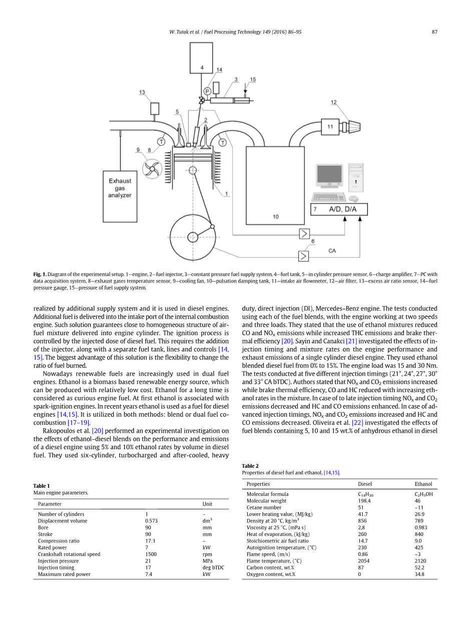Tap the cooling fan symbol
point(152,169)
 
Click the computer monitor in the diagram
point(329,176)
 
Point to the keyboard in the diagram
point(329,196)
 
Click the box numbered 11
point(330,127)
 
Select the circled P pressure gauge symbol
point(207,91)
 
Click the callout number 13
point(142,92)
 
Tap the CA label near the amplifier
point(332,250)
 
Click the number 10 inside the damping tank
point(276,216)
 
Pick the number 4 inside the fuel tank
point(202,68)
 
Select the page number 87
point(434,32)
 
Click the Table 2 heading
point(250,466)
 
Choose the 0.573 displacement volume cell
point(151,520)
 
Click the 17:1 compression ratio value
point(150,540)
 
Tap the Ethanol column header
point(423,484)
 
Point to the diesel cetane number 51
point(360,507)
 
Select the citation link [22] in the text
point(357,423)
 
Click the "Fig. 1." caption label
point(40,274)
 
